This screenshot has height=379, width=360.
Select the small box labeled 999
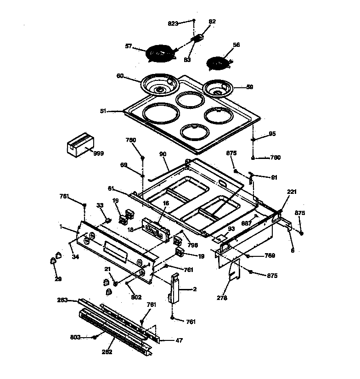pyautogui.click(x=79, y=146)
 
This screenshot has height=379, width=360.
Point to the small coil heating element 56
pyautogui.click(x=218, y=62)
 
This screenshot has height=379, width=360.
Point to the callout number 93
pyautogui.click(x=231, y=229)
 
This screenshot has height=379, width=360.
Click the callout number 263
pyautogui.click(x=62, y=300)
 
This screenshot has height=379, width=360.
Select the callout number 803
pyautogui.click(x=76, y=337)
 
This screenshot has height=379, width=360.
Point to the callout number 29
pyautogui.click(x=57, y=279)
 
